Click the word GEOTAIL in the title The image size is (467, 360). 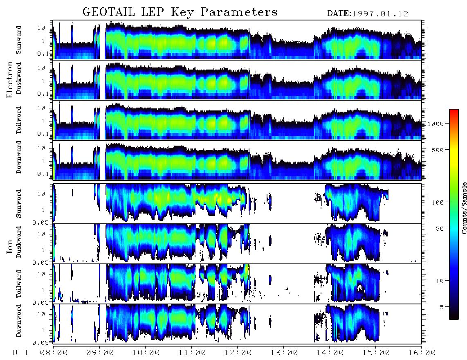click(109, 12)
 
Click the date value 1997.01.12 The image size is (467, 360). click(380, 13)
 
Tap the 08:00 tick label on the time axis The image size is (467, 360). click(54, 353)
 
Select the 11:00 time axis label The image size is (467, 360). click(192, 353)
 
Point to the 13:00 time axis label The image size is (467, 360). click(284, 353)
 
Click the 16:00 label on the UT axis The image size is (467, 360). click(422, 353)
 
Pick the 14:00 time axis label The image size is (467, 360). click(330, 353)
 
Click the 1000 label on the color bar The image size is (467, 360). click(436, 124)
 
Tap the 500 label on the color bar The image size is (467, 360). click(438, 150)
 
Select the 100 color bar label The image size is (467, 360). click(438, 202)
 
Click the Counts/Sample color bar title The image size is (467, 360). click(464, 208)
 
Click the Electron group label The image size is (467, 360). click(9, 79)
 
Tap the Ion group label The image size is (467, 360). click(9, 246)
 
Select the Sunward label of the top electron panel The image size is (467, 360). click(19, 40)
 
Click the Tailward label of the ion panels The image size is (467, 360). click(19, 284)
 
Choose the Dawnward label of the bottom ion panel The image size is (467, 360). click(19, 320)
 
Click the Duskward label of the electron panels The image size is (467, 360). click(19, 78)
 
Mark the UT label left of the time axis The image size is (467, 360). click(20, 353)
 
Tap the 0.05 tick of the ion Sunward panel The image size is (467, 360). click(44, 222)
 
